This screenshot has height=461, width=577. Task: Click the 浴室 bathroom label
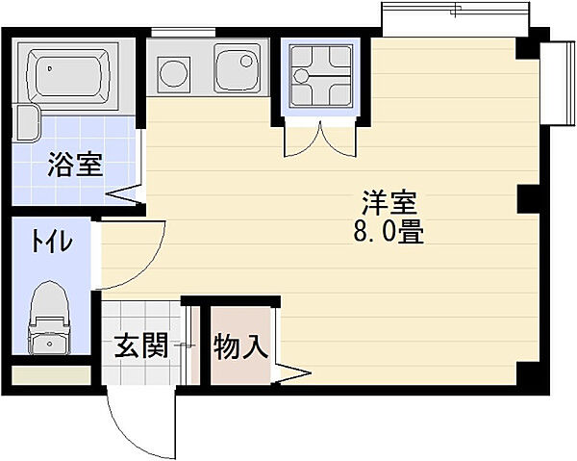[75, 165]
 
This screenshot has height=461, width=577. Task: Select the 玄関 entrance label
[141, 345]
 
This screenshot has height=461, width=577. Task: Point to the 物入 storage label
[240, 346]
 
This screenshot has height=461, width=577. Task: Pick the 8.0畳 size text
[389, 232]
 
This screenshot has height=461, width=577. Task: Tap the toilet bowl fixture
[47, 313]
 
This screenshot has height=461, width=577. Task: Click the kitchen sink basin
[236, 69]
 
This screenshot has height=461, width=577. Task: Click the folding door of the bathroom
[125, 196]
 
